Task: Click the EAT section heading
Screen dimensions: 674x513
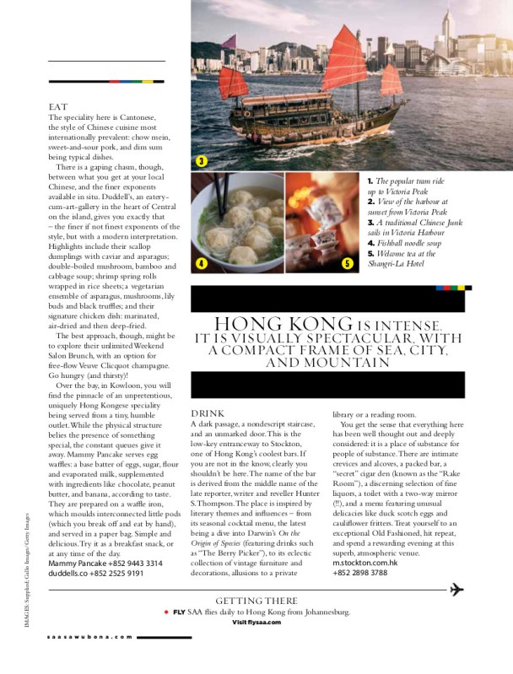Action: pos(57,107)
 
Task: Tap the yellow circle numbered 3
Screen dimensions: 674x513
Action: pos(201,161)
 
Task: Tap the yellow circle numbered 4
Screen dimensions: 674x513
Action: pos(201,262)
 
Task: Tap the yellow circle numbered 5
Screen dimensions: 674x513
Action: pos(347,263)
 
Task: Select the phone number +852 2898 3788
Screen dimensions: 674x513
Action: pos(360,573)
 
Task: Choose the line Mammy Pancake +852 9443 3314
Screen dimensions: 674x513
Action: pos(94,563)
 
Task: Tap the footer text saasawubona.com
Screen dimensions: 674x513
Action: pos(89,661)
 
